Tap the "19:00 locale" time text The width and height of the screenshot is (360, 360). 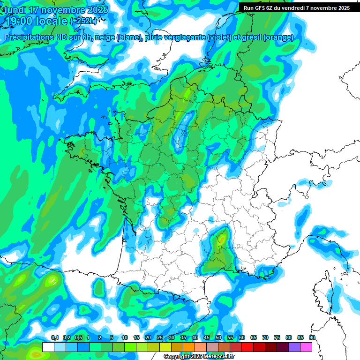pos(36,21)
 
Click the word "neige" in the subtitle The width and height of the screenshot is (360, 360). pos(105,37)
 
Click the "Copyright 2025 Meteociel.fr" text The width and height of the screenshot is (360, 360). pos(199,357)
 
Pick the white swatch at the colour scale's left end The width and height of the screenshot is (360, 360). pos(48,347)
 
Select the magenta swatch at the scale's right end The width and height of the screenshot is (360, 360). pos(306,347)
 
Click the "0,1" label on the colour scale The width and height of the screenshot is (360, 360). pos(54,338)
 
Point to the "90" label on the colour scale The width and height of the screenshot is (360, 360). pos(312,338)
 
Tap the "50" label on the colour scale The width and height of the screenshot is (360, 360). pos(218,338)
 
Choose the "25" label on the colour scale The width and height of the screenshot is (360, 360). pos(159,338)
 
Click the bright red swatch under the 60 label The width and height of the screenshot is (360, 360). pos(247,347)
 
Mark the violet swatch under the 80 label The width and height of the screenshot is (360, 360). pos(294,347)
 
